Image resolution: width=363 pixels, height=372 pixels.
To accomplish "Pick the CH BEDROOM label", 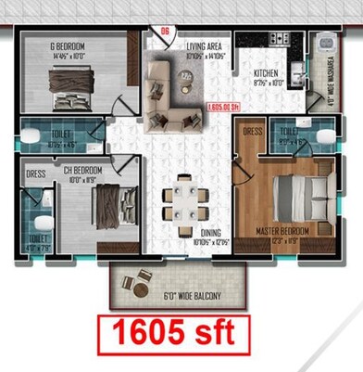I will click(x=81, y=171).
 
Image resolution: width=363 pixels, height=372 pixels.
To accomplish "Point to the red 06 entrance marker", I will click(x=166, y=31).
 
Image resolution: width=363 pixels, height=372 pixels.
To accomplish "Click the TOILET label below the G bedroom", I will click(x=59, y=136).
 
